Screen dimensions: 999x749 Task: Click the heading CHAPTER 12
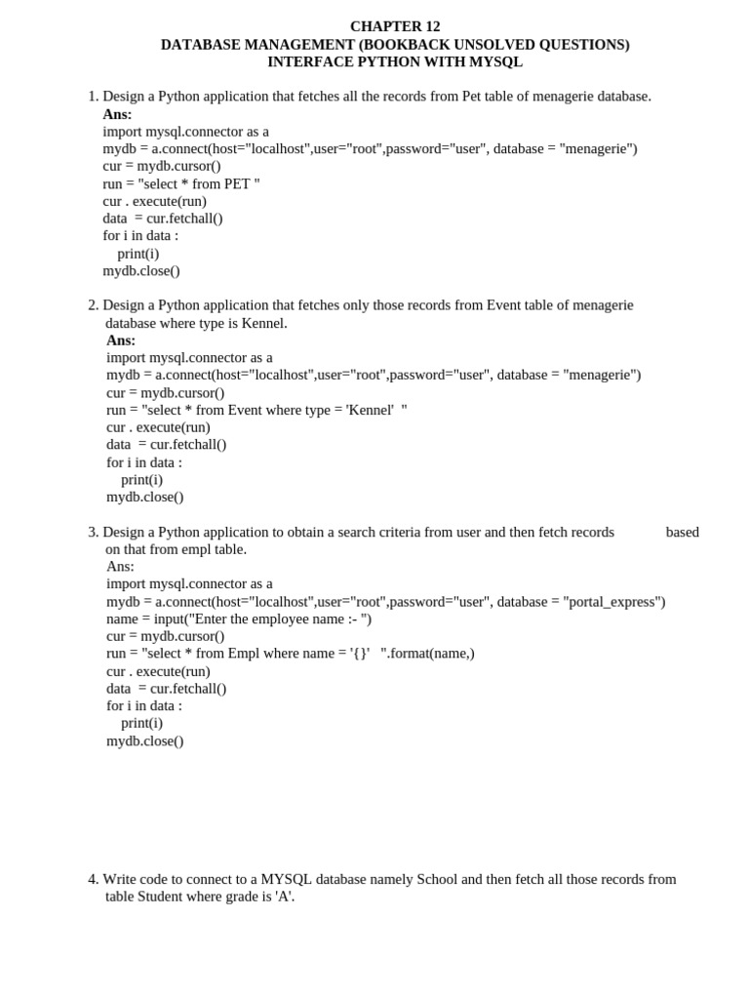(x=395, y=26)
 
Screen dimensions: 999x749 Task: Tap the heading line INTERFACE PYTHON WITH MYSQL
(x=395, y=62)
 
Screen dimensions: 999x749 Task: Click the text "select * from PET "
(x=199, y=183)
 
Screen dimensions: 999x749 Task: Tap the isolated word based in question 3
(x=682, y=532)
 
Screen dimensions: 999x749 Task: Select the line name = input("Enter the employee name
(x=239, y=619)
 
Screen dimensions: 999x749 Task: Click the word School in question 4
(x=437, y=879)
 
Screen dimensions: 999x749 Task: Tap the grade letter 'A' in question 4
(x=284, y=897)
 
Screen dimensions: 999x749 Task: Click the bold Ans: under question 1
(x=117, y=114)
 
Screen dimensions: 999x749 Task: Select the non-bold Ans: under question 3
(x=120, y=567)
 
